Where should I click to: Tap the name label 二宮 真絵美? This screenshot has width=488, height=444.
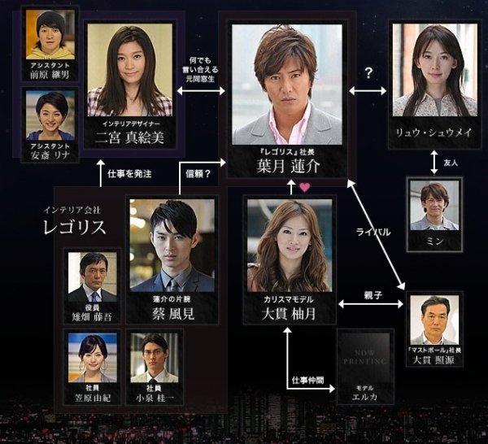(129, 137)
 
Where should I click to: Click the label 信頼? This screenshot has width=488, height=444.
(198, 173)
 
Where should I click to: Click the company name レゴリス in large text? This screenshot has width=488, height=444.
(75, 227)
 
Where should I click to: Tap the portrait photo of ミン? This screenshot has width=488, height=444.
(434, 205)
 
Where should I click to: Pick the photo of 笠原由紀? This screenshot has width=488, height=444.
(92, 355)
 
